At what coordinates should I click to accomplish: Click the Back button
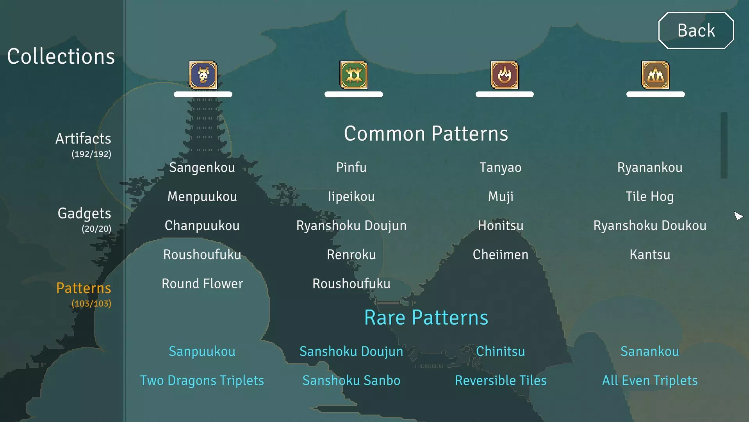pos(696,30)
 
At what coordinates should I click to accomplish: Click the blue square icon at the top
pos(203,75)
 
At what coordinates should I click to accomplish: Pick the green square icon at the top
pos(354,75)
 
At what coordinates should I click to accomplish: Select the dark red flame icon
pos(505,75)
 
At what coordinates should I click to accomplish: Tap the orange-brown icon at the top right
pos(656,75)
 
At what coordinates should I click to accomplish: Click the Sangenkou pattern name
pos(202,168)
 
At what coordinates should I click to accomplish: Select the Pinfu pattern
pos(351,167)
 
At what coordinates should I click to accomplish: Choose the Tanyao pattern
pos(501,168)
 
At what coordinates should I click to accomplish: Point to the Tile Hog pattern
pos(650,197)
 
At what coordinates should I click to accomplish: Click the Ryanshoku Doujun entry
pos(351,225)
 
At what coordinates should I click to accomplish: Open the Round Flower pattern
pos(202,283)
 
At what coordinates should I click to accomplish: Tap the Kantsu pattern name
pos(650,254)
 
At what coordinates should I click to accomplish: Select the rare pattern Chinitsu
pos(501,351)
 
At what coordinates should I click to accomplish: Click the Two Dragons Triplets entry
pos(202,381)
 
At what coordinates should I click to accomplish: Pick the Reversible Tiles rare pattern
pos(501,380)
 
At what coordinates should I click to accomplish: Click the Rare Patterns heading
pos(426,317)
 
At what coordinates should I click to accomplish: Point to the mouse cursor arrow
pos(738,216)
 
